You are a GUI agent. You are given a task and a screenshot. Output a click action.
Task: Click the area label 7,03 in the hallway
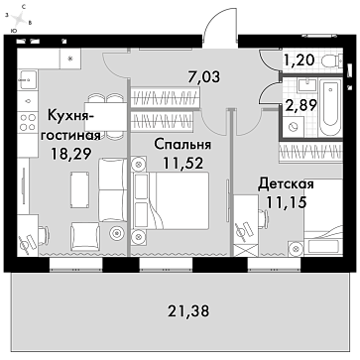click(202, 76)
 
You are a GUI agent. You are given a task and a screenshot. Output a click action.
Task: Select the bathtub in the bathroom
click(330, 107)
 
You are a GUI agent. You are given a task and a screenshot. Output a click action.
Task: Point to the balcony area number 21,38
click(188, 311)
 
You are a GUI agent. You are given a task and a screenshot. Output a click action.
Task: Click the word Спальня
click(182, 145)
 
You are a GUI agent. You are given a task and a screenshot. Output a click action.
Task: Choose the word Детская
click(286, 183)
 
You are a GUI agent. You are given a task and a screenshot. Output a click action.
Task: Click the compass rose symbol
click(20, 18)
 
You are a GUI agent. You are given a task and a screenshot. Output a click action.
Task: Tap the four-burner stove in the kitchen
click(28, 122)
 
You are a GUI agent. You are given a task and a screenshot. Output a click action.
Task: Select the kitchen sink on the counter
click(29, 79)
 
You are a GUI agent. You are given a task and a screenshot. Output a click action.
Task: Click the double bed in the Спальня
click(171, 200)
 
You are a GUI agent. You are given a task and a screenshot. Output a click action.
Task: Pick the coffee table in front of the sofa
click(79, 185)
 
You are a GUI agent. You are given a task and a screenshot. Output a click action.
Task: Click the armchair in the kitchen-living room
click(85, 235)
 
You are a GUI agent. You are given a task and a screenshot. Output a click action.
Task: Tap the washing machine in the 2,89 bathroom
click(293, 127)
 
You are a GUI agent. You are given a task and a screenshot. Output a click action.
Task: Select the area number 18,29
click(70, 154)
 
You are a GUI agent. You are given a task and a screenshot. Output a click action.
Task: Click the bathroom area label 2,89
click(301, 105)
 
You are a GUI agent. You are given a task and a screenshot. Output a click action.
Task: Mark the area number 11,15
click(287, 202)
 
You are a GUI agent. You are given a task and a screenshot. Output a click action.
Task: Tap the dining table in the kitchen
click(106, 117)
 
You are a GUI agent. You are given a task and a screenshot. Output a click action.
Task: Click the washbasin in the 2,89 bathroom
click(307, 85)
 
